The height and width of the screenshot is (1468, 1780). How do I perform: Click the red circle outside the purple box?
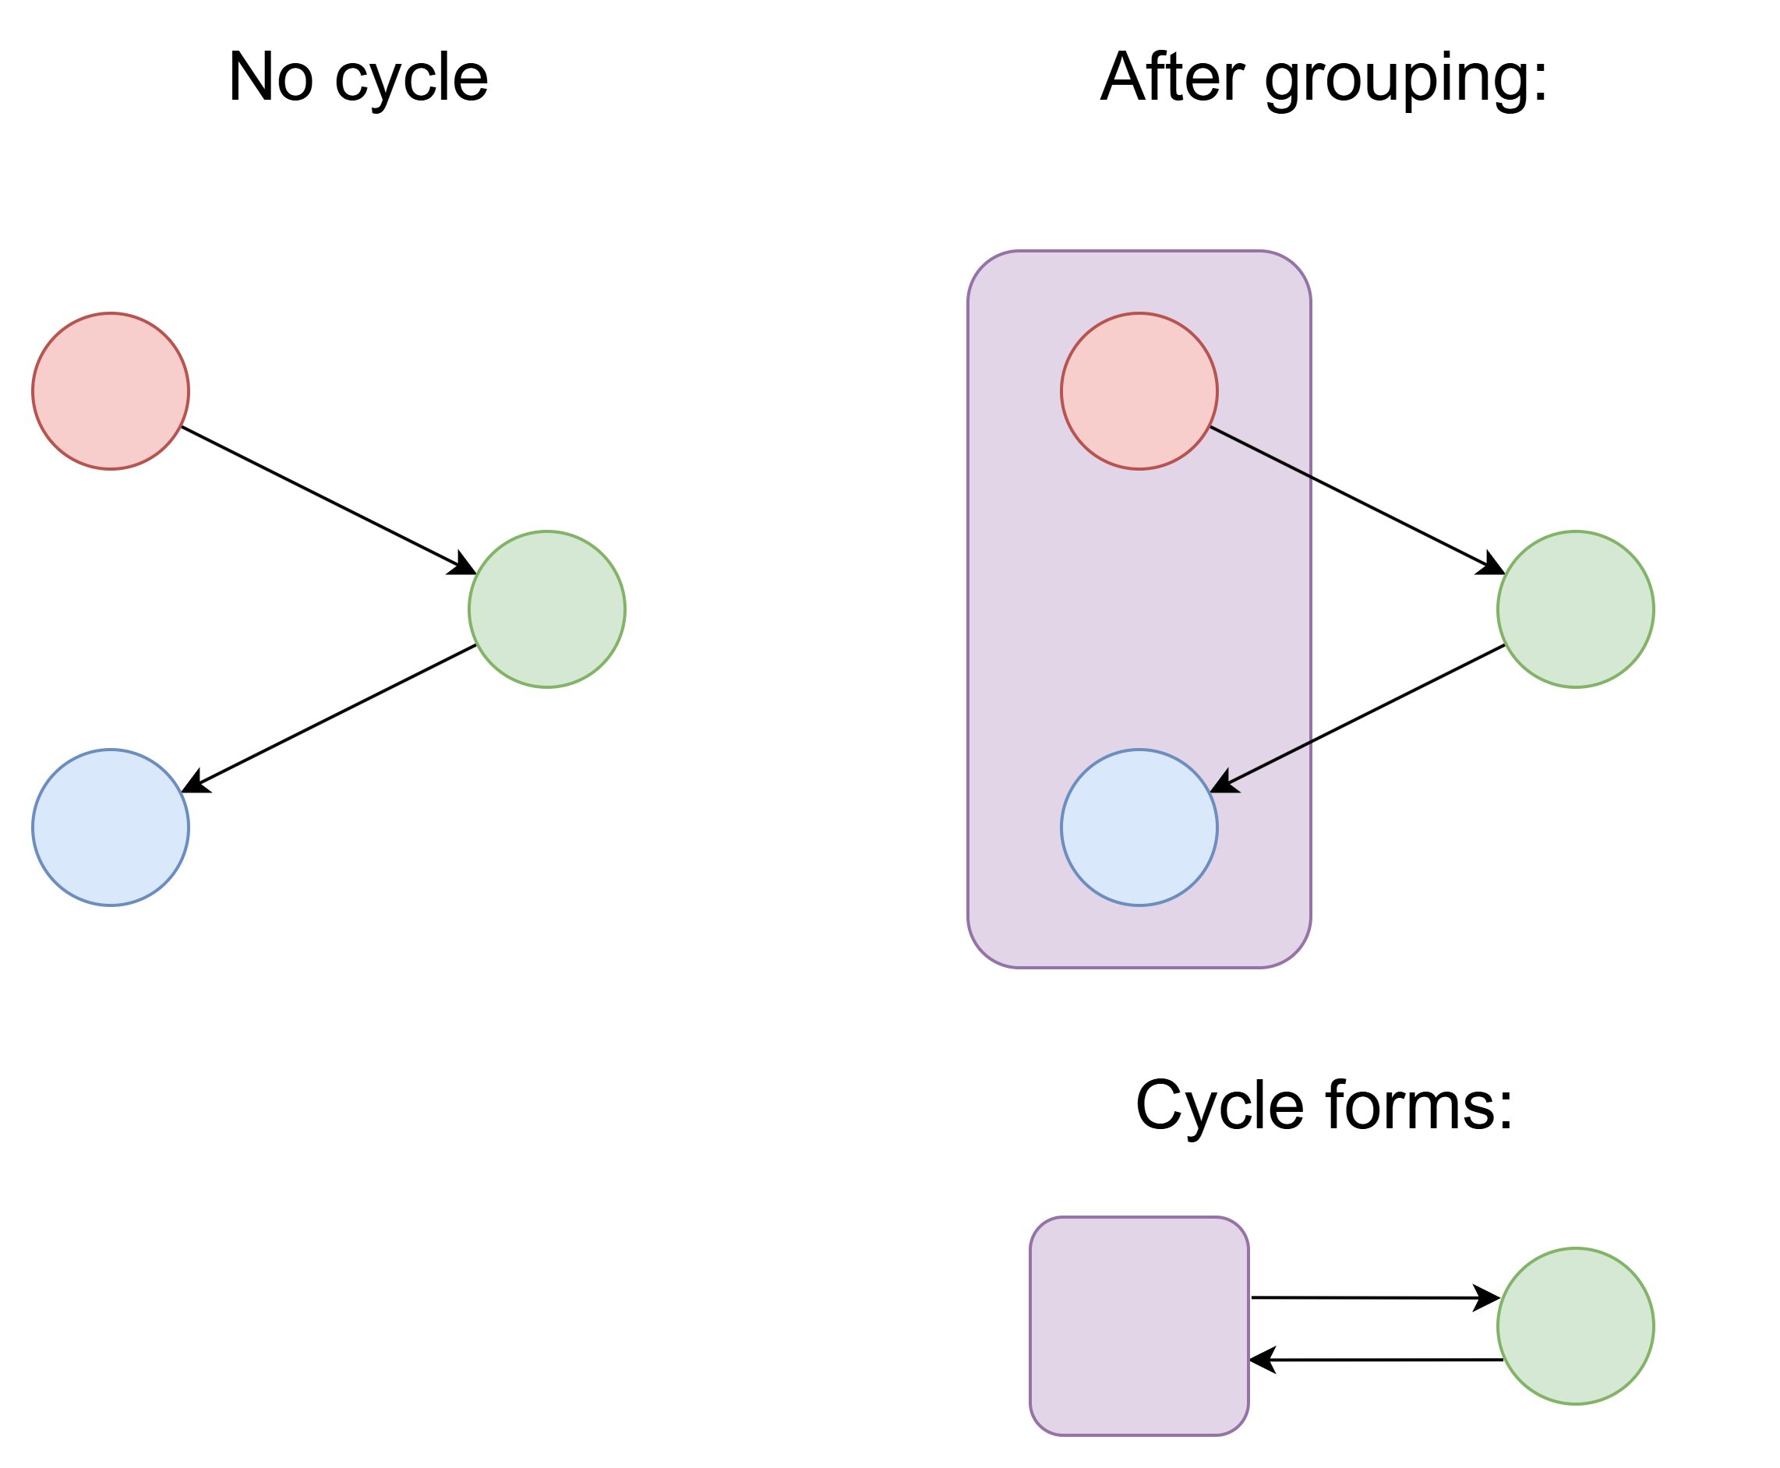click(111, 390)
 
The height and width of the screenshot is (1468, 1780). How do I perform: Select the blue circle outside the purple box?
click(111, 827)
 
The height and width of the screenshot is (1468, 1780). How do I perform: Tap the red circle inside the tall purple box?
click(1139, 390)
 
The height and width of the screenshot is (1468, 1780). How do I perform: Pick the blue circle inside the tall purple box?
click(1139, 827)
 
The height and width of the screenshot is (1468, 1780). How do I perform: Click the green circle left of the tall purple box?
click(547, 609)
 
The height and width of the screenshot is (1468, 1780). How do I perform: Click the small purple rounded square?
click(1139, 1326)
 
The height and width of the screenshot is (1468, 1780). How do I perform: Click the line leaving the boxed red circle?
click(1260, 453)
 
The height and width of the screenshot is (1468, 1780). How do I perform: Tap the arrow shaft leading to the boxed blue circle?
click(1269, 763)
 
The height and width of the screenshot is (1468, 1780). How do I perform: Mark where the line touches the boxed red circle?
click(1210, 427)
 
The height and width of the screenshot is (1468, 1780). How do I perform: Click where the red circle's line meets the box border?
click(1311, 478)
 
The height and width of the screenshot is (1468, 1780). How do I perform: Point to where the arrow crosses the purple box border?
click(1311, 742)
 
